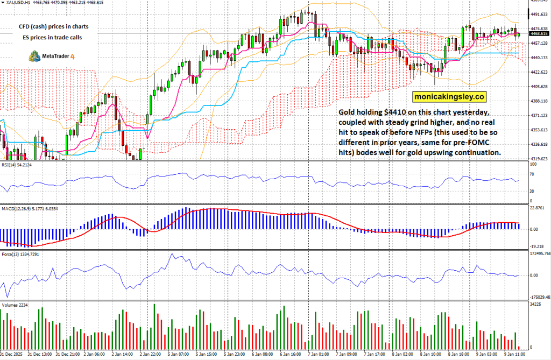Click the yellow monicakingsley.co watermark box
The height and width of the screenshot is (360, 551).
click(x=449, y=97)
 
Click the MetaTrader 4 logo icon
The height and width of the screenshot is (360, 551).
click(x=34, y=56)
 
